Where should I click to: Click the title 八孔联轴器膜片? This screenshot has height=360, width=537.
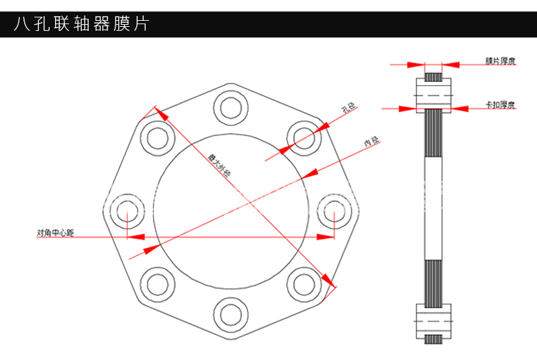tap(81, 24)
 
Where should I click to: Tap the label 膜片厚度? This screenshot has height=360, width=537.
tap(500, 61)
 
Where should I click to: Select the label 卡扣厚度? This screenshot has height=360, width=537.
tap(500, 104)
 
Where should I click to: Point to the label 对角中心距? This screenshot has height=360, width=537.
tap(55, 233)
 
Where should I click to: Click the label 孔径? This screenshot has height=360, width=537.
tap(347, 107)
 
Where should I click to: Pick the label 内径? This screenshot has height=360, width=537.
tap(371, 142)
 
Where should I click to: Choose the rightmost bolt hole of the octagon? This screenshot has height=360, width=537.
tap(334, 211)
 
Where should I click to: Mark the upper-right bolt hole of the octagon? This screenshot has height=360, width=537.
tap(303, 137)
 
